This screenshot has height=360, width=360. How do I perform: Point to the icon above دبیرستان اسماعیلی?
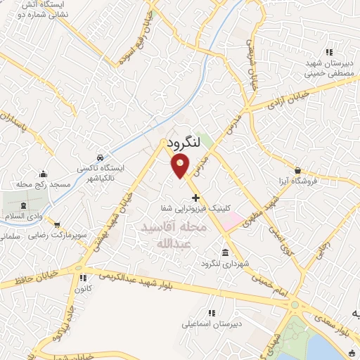[210, 313]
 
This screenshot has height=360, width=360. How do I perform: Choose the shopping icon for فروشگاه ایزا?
[298, 169]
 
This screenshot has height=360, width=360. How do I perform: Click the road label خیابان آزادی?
[284, 99]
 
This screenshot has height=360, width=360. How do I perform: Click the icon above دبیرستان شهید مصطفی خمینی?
[328, 51]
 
